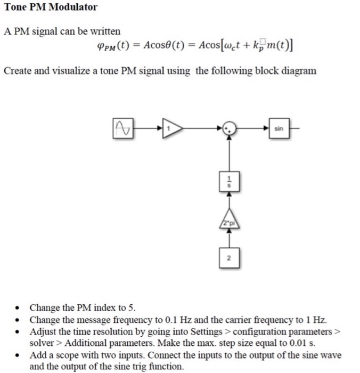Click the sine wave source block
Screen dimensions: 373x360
point(122,128)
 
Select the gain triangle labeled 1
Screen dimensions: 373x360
point(172,128)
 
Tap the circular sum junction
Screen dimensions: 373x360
point(229,128)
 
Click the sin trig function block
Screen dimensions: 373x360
point(280,128)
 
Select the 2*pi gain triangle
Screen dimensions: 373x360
point(230,222)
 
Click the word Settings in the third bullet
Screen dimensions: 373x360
point(206,331)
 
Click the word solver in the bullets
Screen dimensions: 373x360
point(40,343)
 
